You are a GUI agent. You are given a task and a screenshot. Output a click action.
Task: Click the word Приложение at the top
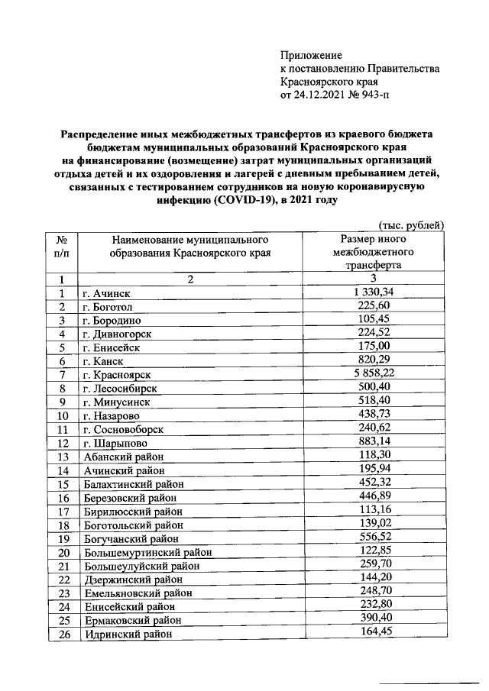point(312,55)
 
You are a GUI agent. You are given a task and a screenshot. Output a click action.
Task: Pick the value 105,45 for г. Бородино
point(373,319)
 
